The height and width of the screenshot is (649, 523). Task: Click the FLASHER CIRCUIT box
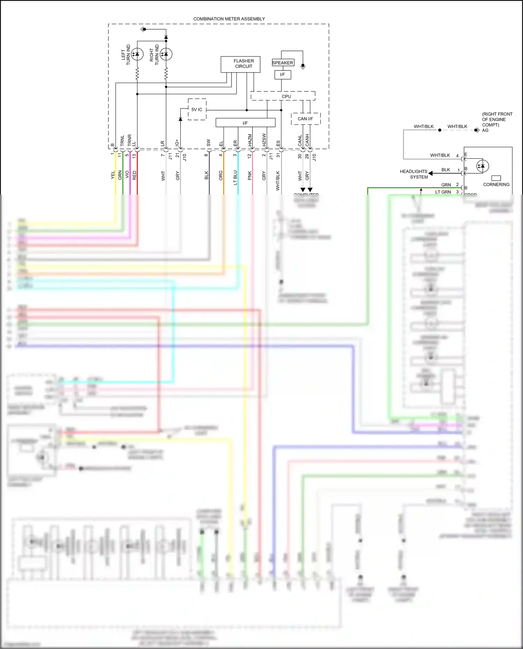point(240,64)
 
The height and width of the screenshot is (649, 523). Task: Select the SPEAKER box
point(283,63)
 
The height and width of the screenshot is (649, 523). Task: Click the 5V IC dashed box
point(197,110)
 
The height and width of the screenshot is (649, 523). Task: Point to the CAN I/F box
point(305,119)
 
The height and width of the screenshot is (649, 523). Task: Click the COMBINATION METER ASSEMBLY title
point(229,19)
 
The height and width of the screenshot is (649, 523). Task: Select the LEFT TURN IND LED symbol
point(137,54)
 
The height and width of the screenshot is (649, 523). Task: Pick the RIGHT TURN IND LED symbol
point(166,54)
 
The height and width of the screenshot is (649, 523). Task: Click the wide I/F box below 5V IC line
point(245,123)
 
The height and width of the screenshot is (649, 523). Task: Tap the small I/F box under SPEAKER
point(282,75)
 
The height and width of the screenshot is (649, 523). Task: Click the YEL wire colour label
point(113,175)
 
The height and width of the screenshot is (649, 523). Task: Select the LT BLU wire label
point(235,177)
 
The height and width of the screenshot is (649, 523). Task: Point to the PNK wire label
point(250,175)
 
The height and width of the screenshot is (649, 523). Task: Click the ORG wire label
point(221,175)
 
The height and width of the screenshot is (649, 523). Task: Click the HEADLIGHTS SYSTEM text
point(414,174)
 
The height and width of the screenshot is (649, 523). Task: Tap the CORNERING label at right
point(496,184)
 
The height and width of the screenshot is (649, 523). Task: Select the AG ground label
point(485,130)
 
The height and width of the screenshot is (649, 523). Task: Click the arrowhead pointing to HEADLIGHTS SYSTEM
point(431,173)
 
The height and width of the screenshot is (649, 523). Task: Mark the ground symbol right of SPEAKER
point(303,66)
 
